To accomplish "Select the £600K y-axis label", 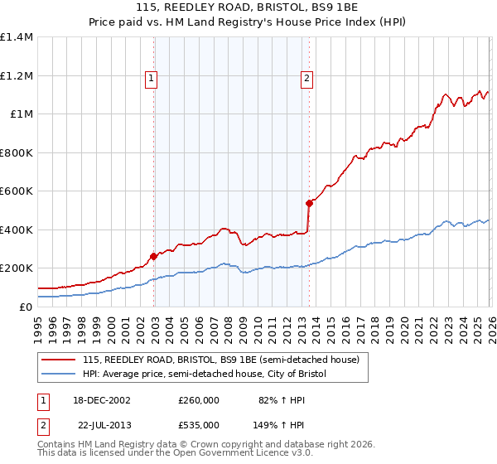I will click(x=17, y=191).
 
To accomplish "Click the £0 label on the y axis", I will click(x=27, y=307).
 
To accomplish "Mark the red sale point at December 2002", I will click(x=154, y=257).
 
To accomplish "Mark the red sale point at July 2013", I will click(x=309, y=203).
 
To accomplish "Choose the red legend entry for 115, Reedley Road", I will click(x=220, y=360).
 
